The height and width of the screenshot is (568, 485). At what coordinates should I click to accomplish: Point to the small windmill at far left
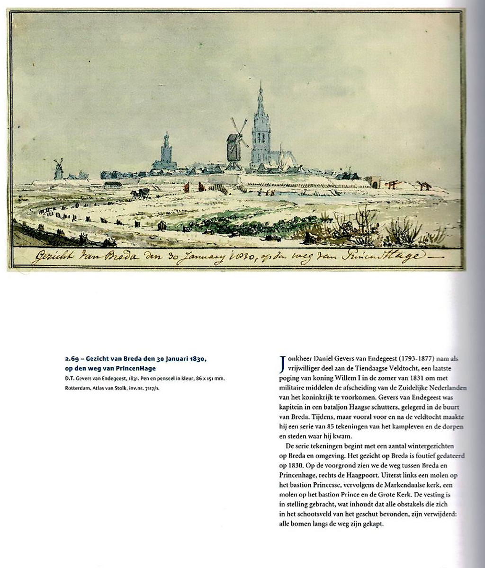coord(58,169)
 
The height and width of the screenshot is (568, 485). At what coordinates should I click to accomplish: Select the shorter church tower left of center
coord(166,151)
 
